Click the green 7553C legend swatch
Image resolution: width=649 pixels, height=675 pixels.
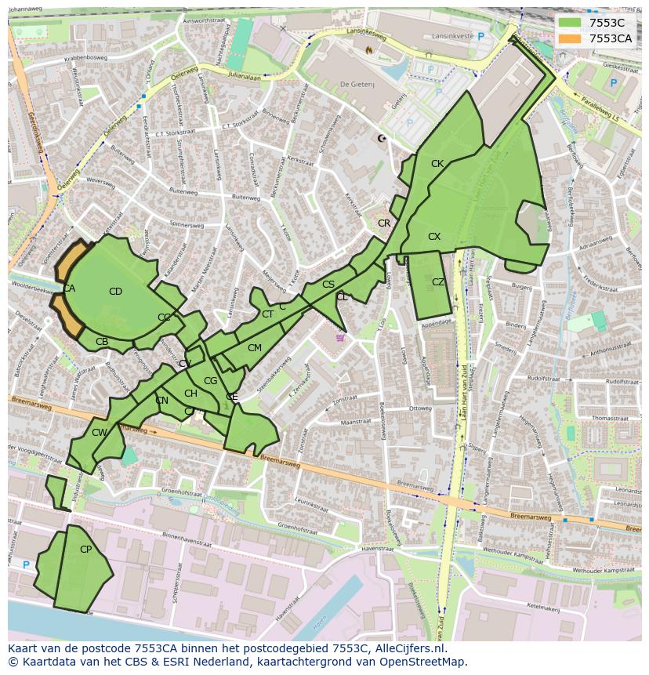tap(570, 23)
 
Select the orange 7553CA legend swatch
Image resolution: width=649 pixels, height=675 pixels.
tap(570, 38)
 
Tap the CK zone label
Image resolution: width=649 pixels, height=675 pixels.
tap(437, 164)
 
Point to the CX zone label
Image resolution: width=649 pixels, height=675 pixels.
tap(434, 237)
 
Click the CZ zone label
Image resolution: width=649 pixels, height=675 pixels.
tap(438, 282)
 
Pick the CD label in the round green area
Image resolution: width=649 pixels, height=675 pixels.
tap(115, 292)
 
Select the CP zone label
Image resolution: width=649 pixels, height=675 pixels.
tap(85, 550)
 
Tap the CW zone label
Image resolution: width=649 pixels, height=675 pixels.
tap(99, 433)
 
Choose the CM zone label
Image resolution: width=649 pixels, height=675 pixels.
tap(254, 348)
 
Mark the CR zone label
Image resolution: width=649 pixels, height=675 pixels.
tap(384, 223)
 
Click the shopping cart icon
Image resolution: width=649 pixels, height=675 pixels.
tap(339, 338)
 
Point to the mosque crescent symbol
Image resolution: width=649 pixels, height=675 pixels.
tap(382, 139)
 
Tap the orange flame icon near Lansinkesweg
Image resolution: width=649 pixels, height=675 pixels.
tap(369, 49)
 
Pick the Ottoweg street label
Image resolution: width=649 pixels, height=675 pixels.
tap(421, 408)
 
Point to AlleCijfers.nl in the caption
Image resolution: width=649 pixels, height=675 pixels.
tap(407, 648)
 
